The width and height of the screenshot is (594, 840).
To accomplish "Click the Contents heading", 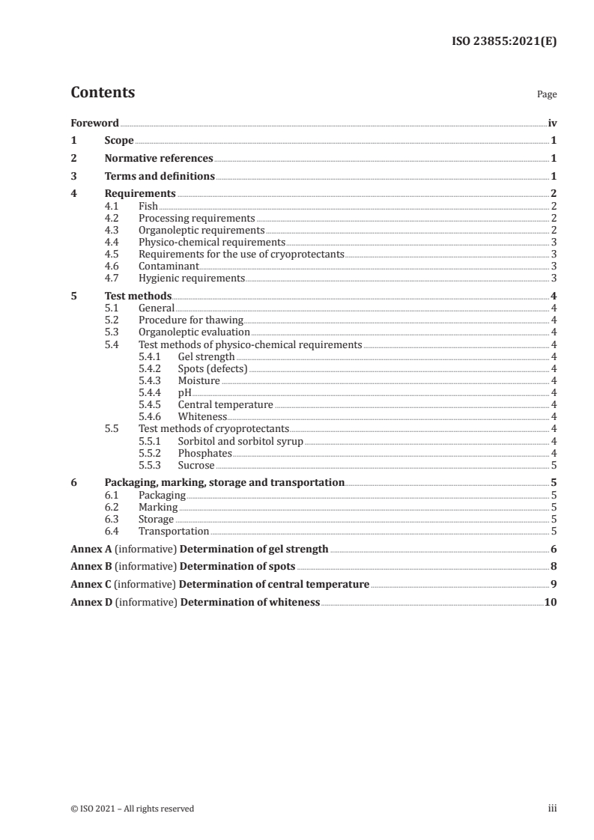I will [x=103, y=93].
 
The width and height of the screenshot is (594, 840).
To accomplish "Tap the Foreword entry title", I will [x=94, y=123].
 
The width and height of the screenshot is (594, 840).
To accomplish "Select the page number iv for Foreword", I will [x=551, y=123].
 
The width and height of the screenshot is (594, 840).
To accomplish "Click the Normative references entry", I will [x=159, y=159].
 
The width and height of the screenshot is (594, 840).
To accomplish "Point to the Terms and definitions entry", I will [x=160, y=177].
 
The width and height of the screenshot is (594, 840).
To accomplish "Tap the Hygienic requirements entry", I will [x=192, y=279].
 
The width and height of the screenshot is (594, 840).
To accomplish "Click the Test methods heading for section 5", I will [x=138, y=296].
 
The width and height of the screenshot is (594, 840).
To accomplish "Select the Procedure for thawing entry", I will [x=191, y=320].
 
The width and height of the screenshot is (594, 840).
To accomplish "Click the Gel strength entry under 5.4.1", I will [x=206, y=356].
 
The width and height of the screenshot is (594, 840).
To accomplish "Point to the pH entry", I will [x=184, y=392].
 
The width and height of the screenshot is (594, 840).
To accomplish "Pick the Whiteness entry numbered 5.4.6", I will [x=202, y=416].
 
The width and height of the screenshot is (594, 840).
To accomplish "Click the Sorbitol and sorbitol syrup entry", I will [x=240, y=441].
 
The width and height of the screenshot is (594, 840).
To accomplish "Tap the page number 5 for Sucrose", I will [x=553, y=465].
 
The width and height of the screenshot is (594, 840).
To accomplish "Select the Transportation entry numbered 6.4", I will [x=174, y=531].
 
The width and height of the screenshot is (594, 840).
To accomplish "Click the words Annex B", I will [x=90, y=567].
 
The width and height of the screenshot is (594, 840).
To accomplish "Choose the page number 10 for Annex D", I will [x=551, y=603].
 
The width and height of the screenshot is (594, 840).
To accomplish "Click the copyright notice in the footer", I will [x=133, y=809].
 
